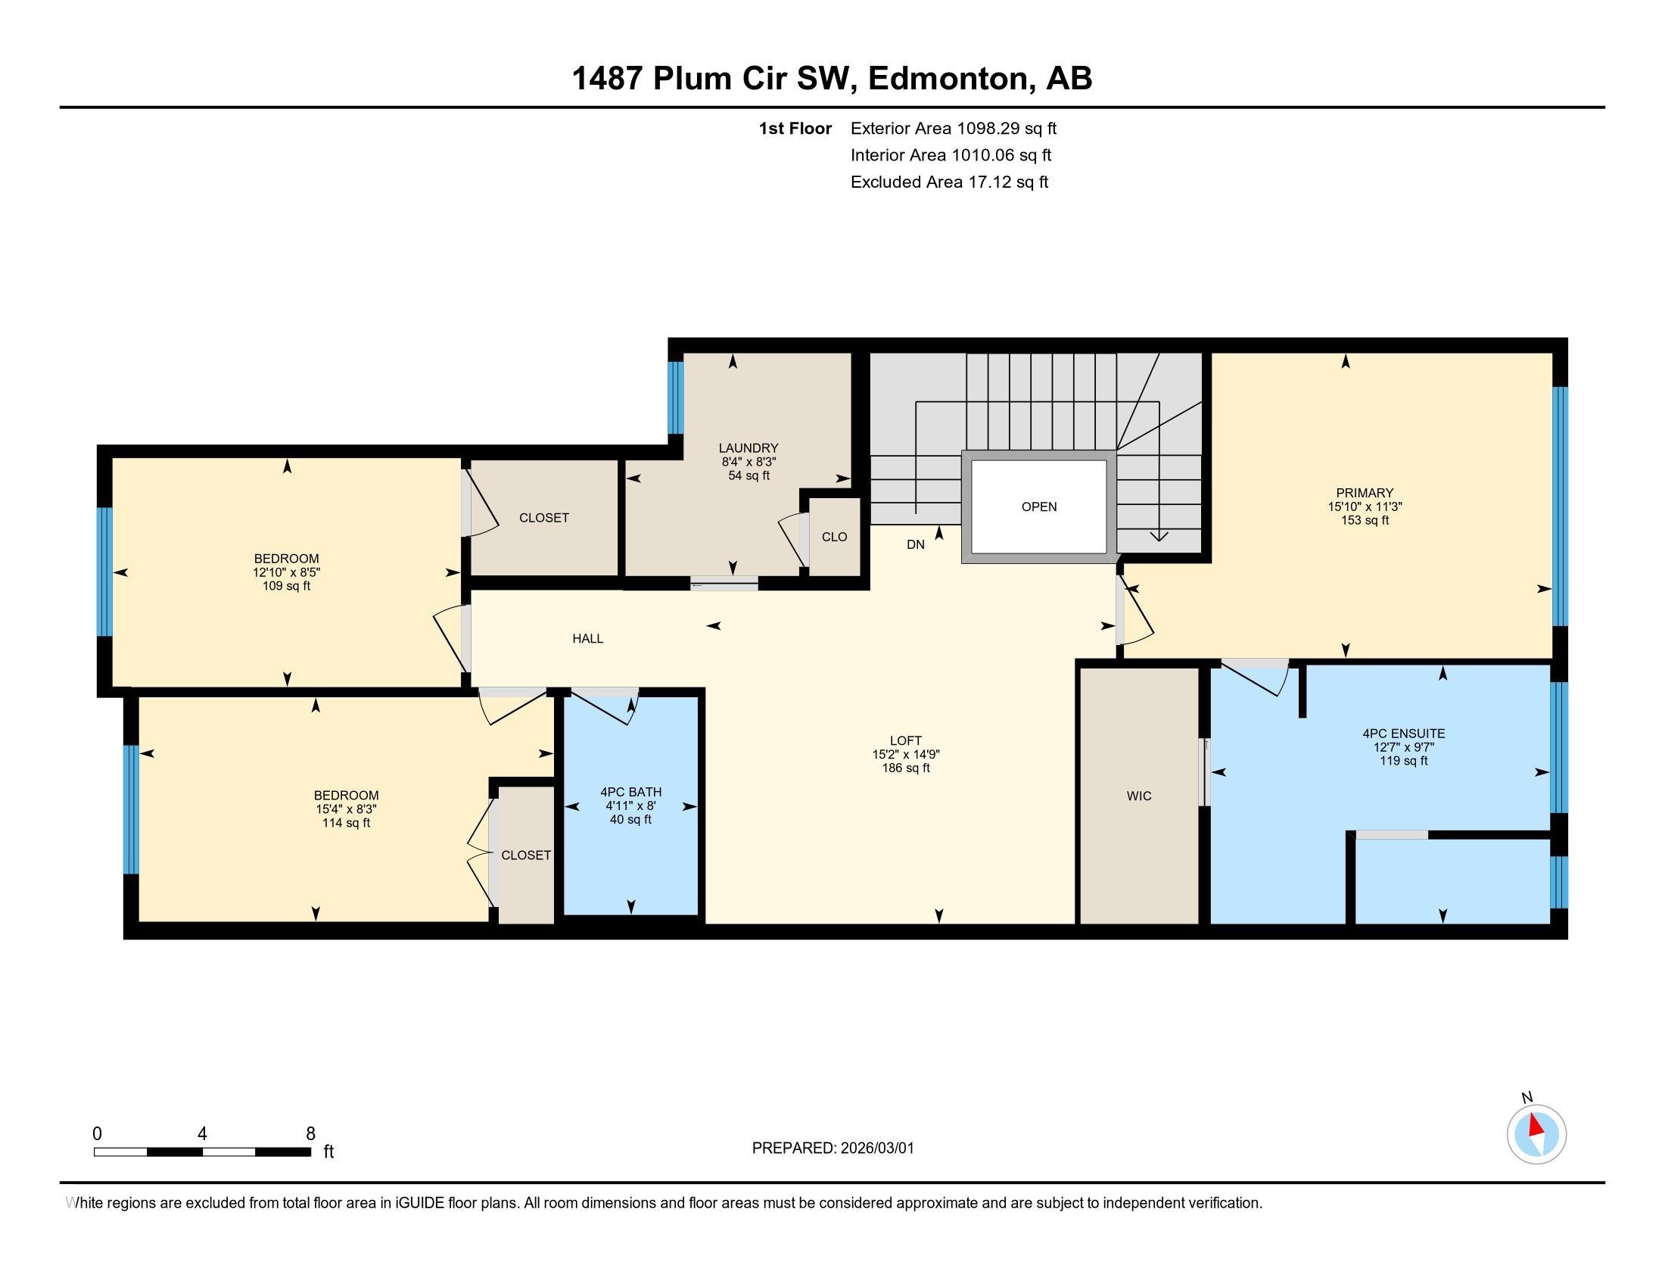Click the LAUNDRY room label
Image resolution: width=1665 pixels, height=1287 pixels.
748,447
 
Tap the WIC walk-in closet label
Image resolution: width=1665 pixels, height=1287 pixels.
1138,796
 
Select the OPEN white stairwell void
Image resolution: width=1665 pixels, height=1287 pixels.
1038,507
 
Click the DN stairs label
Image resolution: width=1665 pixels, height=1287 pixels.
915,544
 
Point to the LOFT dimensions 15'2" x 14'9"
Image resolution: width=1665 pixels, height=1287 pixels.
906,754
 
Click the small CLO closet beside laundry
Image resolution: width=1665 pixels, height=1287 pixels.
834,537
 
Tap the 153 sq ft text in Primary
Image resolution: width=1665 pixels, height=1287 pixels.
1364,520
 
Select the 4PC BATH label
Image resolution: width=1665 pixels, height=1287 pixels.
630,792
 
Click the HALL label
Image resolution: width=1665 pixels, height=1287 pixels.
587,639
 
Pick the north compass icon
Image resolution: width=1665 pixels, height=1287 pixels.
1536,1134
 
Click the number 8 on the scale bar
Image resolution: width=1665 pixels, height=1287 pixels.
310,1134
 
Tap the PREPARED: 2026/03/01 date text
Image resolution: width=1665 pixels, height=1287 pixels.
832,1148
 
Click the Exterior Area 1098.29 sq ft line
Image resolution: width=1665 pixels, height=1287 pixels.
953,128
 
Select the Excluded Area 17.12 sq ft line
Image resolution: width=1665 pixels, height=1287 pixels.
949,182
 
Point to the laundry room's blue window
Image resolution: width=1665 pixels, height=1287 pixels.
674,397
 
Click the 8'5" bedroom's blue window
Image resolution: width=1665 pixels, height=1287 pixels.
104,571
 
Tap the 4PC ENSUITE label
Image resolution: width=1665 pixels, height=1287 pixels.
1403,734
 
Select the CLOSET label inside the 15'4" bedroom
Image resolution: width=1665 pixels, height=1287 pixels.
525,855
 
